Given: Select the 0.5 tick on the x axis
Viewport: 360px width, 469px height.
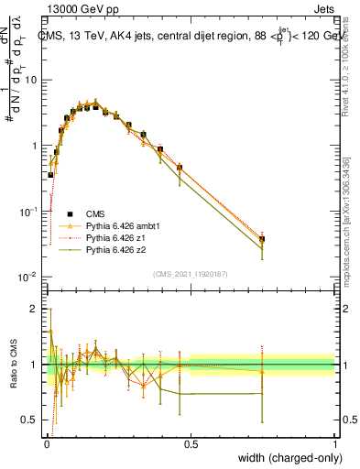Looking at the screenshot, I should click(x=191, y=442).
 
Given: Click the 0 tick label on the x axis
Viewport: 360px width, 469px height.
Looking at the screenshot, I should click(x=47, y=442).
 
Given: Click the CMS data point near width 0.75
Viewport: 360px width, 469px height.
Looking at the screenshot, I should click(x=262, y=239).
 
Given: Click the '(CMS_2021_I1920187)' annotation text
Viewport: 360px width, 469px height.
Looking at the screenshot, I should click(x=191, y=273).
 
